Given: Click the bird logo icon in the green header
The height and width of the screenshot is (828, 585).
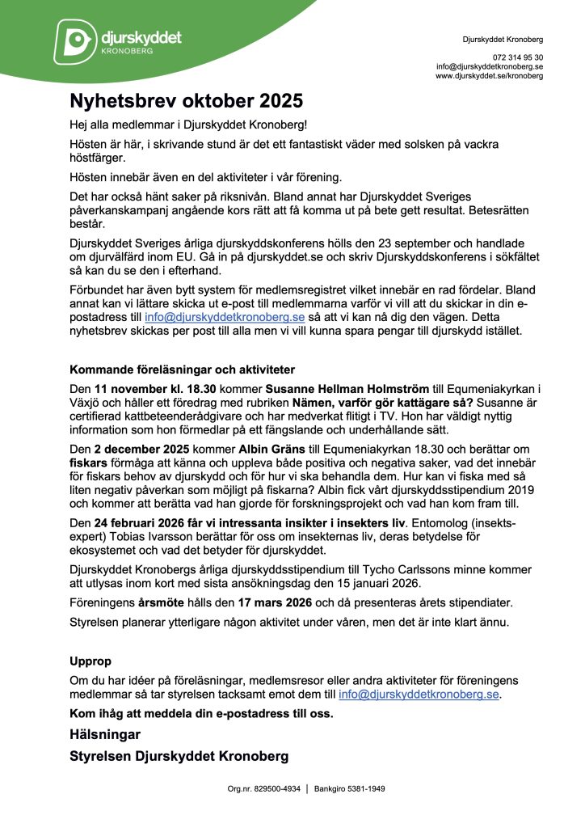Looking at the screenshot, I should pos(75,40).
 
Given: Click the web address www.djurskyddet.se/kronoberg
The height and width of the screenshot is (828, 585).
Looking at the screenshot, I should pos(490,76).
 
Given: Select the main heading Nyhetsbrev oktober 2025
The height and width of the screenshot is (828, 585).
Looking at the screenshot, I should pos(186,102).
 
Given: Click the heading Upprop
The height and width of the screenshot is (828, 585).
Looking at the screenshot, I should pos(90,661).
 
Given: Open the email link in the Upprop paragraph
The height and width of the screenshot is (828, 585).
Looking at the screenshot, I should pos(419,694).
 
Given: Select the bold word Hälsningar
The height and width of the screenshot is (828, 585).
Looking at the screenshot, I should pos(105,734).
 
